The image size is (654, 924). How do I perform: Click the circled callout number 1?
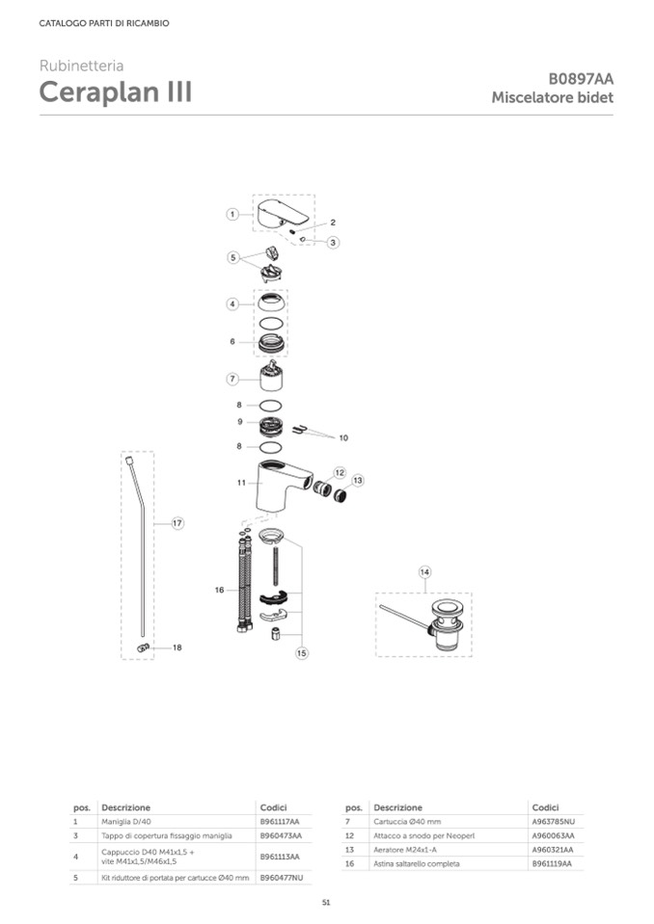232,215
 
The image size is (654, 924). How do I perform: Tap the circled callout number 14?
424,571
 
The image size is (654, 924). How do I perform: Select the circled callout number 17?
177,522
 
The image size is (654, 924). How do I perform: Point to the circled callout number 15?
302,653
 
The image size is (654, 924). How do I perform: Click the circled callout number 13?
358,481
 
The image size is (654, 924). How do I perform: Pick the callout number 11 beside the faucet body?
241,483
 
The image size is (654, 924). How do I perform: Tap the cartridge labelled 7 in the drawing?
271,377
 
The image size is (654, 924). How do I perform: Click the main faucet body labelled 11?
282,487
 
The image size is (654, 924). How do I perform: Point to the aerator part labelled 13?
340,495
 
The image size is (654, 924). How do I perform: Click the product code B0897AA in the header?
581,79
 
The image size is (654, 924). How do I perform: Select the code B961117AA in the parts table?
280,822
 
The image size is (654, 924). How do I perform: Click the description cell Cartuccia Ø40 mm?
407,822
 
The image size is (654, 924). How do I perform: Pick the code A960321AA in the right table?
553,850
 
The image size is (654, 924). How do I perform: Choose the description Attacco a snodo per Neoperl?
424,835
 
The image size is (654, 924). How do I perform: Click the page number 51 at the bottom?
327,903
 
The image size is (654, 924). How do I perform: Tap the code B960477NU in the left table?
282,878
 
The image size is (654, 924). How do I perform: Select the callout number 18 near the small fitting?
177,647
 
